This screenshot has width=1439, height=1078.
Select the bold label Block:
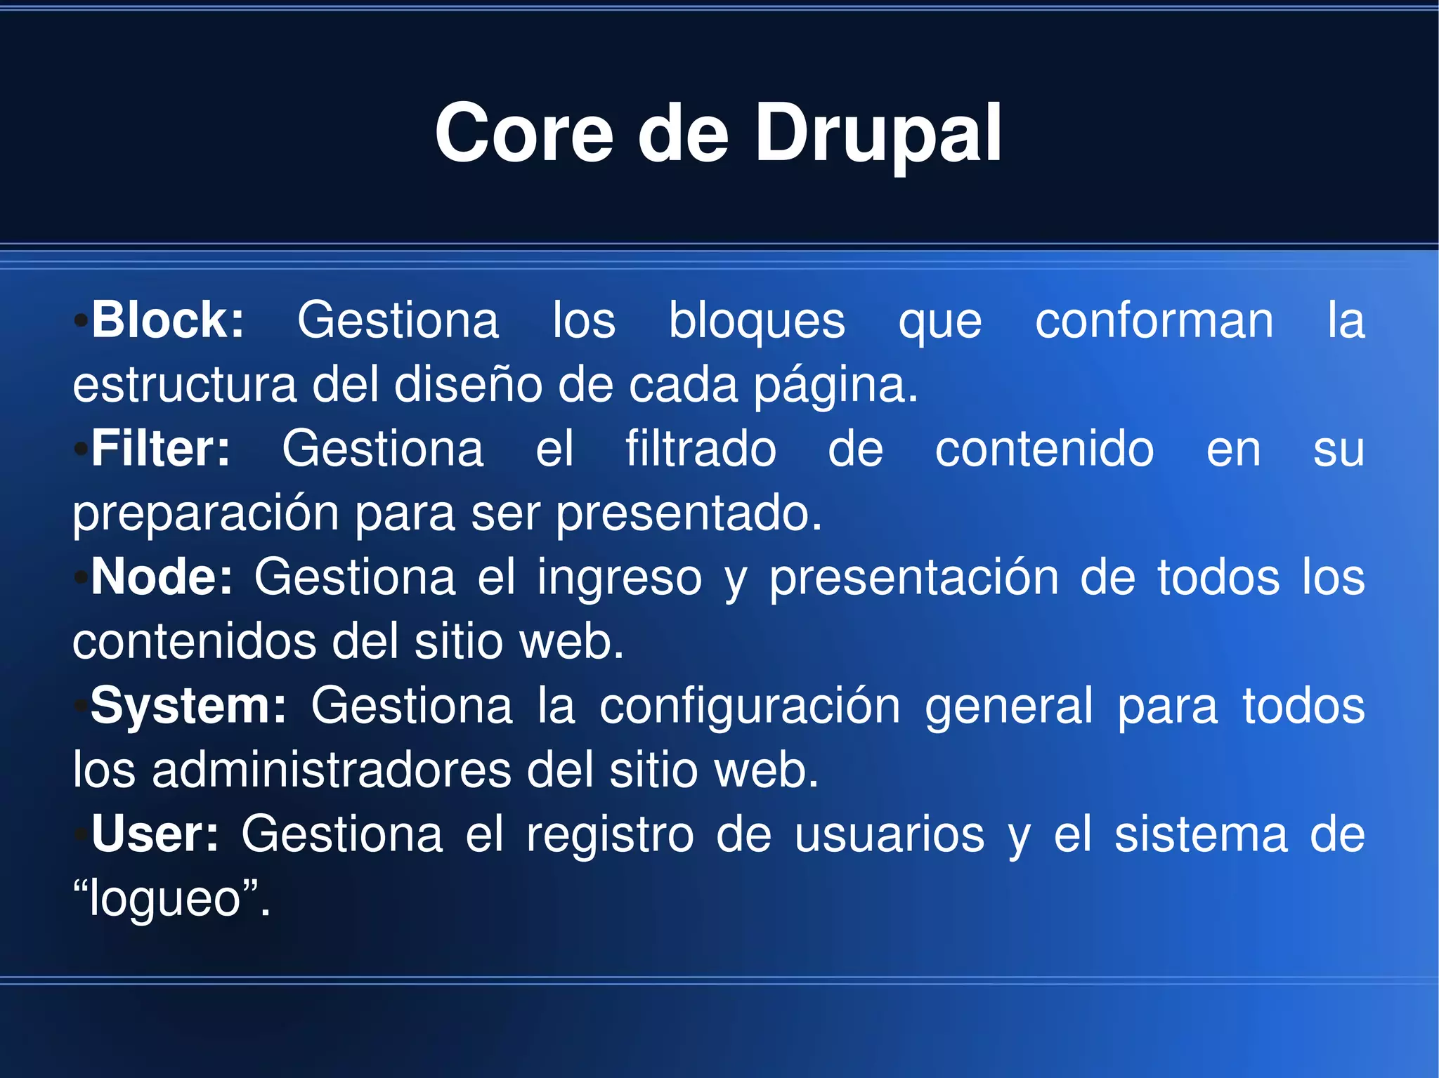click(168, 320)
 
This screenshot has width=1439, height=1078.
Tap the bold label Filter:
click(161, 449)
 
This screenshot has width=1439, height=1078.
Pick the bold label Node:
click(162, 577)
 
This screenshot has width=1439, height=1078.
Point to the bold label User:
click(155, 834)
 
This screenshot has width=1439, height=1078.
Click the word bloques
click(756, 320)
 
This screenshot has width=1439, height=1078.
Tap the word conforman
click(1154, 320)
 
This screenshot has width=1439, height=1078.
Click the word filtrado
click(701, 449)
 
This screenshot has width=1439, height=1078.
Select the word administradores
click(331, 770)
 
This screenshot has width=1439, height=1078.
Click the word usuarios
click(890, 834)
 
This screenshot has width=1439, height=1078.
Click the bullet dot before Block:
click(81, 321)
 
